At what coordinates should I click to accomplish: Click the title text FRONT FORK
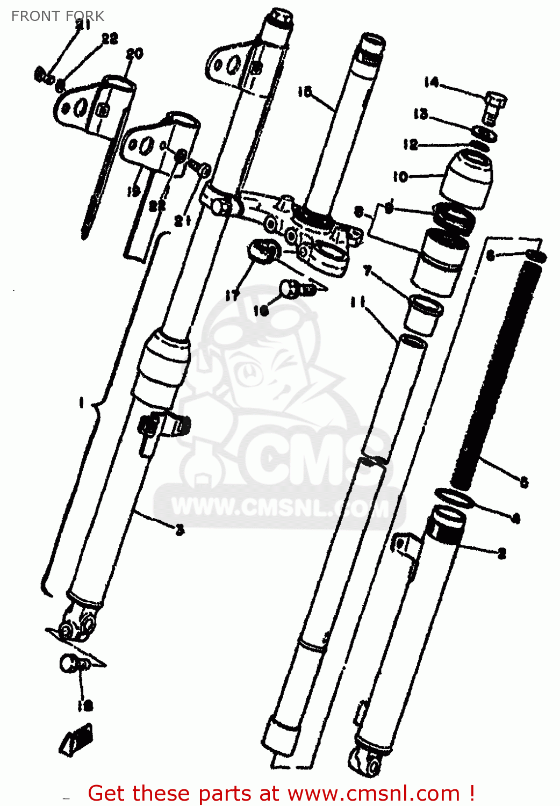(58, 16)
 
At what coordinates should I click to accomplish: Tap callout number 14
(431, 82)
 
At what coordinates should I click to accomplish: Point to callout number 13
(421, 114)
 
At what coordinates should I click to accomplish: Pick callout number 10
(400, 176)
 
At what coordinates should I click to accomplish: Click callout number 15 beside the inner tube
(305, 92)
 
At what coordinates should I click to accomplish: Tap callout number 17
(232, 295)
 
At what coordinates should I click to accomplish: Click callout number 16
(261, 310)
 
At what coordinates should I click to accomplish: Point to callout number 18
(85, 706)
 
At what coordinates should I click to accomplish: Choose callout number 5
(524, 482)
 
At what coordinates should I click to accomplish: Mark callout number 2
(502, 553)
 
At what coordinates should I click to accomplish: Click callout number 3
(180, 530)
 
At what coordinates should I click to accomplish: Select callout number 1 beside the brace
(81, 402)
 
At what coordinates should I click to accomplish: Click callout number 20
(134, 53)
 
